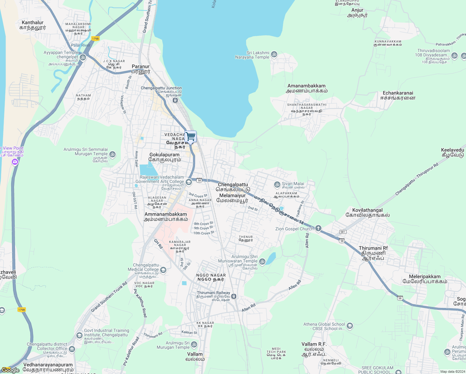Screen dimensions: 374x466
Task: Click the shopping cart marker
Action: (191, 137)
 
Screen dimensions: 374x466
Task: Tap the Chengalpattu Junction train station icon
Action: (175, 100)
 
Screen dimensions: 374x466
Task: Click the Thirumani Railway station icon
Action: (234, 296)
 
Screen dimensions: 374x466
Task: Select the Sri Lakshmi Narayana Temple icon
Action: (274, 55)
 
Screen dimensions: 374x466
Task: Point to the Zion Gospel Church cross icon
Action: (318, 228)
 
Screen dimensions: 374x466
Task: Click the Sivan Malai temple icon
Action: (277, 185)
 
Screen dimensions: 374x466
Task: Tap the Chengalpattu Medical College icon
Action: (163, 270)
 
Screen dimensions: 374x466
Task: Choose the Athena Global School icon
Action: (350, 326)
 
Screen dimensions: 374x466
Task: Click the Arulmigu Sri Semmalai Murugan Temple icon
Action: (112, 154)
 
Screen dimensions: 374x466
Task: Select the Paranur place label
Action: (140, 66)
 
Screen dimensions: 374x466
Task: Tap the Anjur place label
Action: (357, 10)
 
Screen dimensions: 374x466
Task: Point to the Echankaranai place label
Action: (398, 93)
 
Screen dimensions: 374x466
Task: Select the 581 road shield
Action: (343, 232)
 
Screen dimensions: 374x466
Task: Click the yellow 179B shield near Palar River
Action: (95, 39)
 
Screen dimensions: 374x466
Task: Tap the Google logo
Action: (10, 370)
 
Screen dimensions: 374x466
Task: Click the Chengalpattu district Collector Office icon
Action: (72, 349)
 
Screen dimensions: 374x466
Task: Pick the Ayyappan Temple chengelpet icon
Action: (83, 57)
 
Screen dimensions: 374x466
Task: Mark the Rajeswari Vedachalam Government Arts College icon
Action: (188, 182)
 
